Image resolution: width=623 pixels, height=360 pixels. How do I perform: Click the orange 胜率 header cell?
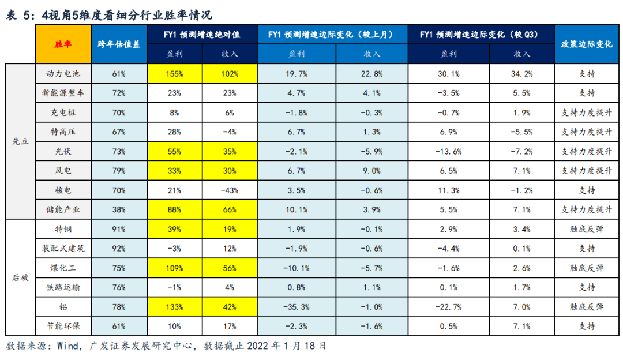tap(63, 44)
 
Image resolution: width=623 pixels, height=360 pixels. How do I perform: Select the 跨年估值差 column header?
tap(119, 44)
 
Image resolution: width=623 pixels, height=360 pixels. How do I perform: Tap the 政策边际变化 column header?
tap(587, 44)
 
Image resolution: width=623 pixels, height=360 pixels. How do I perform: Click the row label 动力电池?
tap(63, 73)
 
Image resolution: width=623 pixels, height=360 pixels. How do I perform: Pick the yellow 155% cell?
tap(175, 73)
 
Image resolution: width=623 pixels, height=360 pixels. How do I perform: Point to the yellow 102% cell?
tap(230, 73)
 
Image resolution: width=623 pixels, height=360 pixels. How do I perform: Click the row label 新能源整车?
tap(63, 93)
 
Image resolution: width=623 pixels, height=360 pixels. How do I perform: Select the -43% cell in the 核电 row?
tap(230, 190)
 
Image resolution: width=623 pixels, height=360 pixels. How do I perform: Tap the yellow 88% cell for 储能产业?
tap(175, 209)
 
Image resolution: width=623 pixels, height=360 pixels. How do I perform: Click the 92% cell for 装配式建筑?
tap(119, 248)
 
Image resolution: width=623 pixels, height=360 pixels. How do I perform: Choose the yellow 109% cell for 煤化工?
tap(175, 268)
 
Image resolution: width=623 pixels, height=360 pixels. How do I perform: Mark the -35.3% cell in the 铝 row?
tap(297, 307)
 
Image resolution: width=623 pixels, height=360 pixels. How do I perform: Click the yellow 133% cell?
tap(175, 307)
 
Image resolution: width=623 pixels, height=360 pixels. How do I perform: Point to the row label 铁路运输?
tap(63, 287)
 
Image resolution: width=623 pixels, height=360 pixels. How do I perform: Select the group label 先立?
tap(20, 141)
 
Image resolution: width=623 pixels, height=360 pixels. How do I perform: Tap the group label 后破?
tap(20, 277)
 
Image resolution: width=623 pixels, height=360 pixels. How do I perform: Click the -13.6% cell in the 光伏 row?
tap(449, 151)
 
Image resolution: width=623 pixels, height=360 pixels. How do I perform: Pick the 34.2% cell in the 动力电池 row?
tap(521, 73)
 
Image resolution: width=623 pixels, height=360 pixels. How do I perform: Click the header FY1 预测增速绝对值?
tap(202, 35)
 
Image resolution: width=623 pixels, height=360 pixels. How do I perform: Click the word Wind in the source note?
tap(68, 346)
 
